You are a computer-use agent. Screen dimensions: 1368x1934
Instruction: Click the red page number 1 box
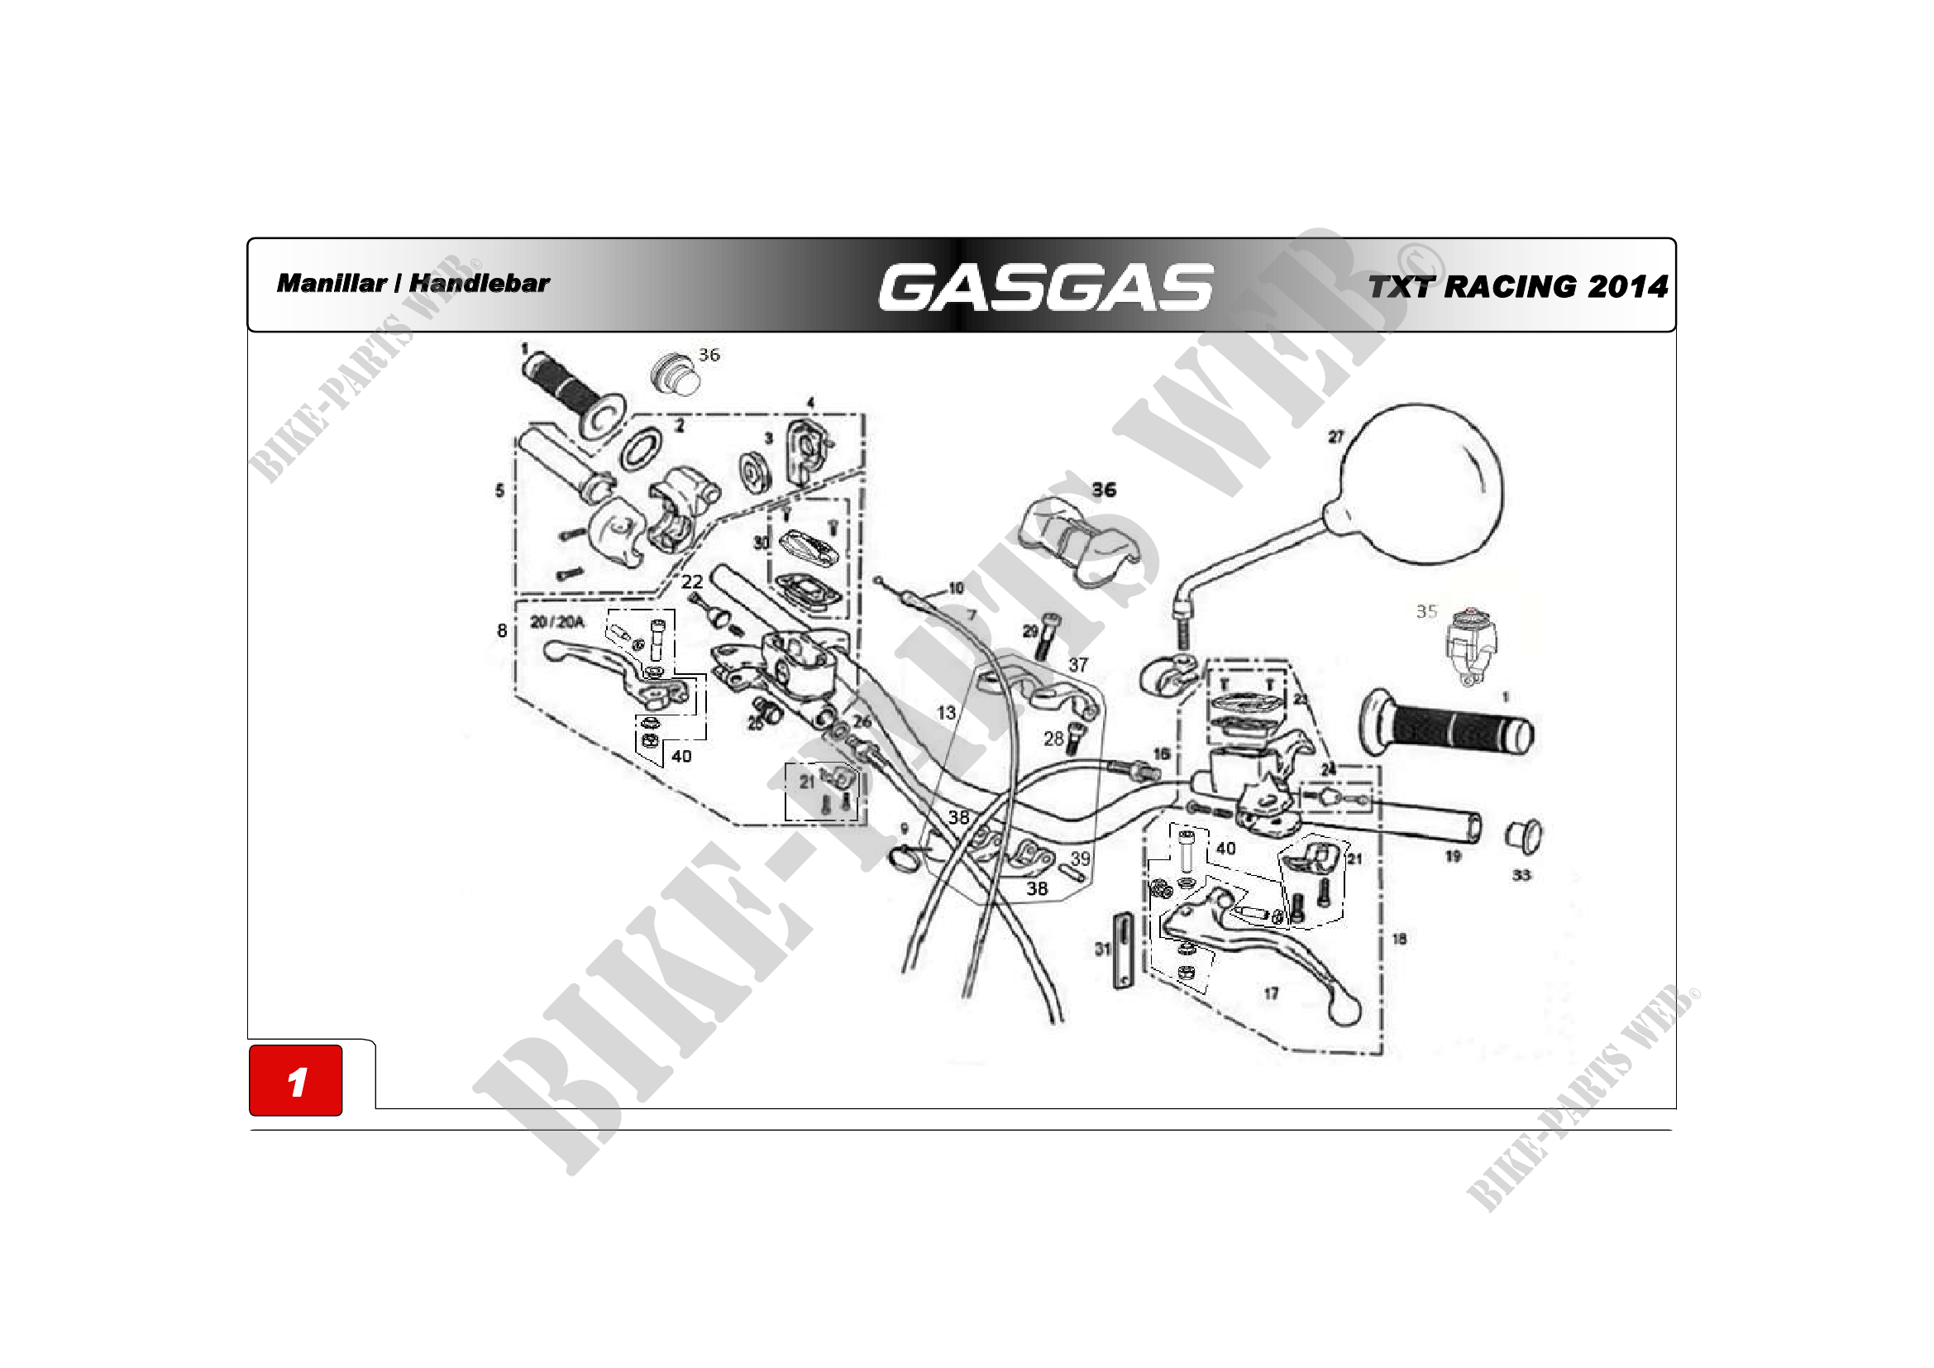coord(296,1081)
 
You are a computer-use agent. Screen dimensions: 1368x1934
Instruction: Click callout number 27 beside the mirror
coord(1336,437)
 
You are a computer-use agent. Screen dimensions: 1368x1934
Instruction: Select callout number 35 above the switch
coord(1426,611)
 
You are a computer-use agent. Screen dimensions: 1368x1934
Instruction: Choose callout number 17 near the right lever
coord(1271,994)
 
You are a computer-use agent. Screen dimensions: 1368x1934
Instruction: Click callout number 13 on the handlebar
coord(947,713)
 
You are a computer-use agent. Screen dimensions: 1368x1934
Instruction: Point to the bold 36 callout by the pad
coord(1104,490)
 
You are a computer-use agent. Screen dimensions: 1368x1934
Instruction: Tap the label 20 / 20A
coord(556,622)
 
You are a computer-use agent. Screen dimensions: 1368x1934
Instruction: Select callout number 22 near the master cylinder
coord(691,581)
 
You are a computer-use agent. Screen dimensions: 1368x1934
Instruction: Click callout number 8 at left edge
coord(502,630)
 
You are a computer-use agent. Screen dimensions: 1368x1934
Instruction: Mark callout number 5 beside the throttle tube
coord(499,490)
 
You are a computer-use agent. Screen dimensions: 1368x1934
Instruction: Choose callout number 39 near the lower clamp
coord(1080,858)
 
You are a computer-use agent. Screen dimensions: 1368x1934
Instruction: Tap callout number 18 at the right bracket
coord(1399,939)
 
